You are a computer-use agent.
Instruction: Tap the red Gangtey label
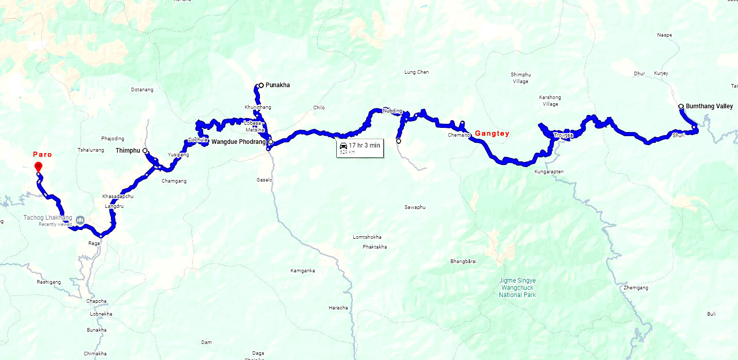pos(492,134)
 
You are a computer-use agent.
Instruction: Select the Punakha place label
pos(277,85)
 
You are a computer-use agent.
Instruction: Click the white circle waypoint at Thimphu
pos(145,151)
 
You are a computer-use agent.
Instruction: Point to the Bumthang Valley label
pos(709,106)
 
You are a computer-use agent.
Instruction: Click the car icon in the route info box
pos(343,146)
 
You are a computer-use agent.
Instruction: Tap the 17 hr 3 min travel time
pos(364,145)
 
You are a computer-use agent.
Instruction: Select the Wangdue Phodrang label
pos(238,141)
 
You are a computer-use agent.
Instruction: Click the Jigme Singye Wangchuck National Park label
pos(517,288)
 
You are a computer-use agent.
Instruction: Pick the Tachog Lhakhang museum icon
pos(80,220)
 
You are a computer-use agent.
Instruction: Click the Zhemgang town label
pos(635,288)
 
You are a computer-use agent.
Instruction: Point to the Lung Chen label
pos(417,72)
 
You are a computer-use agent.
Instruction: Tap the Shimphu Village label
pos(520,78)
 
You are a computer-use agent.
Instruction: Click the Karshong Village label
pos(550,101)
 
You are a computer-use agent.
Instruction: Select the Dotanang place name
pos(142,90)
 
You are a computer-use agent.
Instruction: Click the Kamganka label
pos(303,271)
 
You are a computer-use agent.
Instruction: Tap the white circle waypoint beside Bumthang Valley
pos(681,106)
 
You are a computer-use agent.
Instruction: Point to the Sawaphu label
pos(415,207)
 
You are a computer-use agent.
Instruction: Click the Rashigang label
pos(49,282)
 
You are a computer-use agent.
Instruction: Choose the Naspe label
pos(664,35)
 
